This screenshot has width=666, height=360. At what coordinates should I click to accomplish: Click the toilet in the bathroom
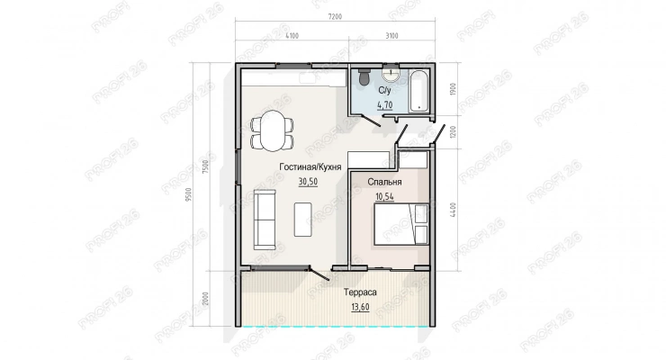tap(364, 76)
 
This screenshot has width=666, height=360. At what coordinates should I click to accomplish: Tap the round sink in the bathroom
tap(391, 74)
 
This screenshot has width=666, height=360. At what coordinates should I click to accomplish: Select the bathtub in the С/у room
tap(418, 91)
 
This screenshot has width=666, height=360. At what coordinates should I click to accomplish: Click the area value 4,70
tap(385, 105)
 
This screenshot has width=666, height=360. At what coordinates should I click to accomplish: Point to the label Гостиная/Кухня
tap(310, 166)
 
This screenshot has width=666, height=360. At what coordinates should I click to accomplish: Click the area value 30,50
tap(308, 182)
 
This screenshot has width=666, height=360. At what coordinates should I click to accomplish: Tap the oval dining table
tap(273, 130)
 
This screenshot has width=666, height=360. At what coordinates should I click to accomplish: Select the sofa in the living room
tap(265, 220)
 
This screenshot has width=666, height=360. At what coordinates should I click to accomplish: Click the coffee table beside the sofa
tap(302, 220)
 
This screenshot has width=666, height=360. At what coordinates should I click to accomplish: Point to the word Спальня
tap(384, 182)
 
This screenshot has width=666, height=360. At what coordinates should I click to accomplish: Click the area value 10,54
tap(384, 196)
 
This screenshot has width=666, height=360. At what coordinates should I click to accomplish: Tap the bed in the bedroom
tap(400, 224)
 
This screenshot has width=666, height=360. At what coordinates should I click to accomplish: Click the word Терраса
tap(360, 292)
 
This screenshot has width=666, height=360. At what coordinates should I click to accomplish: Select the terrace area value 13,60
tap(360, 307)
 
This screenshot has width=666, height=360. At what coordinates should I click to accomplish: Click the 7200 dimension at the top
tap(335, 17)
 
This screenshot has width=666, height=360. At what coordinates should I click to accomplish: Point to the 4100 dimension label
tap(292, 36)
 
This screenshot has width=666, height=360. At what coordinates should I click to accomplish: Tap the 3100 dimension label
tap(391, 36)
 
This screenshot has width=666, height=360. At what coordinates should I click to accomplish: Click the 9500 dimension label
tap(189, 194)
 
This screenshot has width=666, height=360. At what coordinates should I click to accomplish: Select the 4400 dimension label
tap(453, 210)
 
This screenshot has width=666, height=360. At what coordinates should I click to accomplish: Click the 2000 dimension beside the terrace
tap(206, 299)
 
